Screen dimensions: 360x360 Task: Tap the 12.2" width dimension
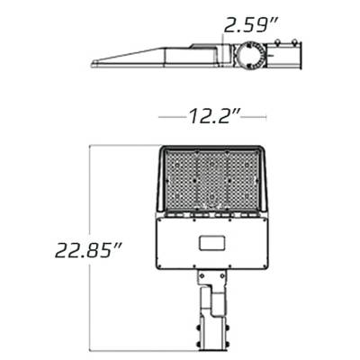213,116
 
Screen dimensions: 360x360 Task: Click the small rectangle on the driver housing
213,242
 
